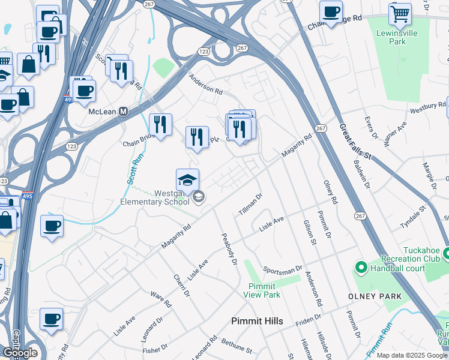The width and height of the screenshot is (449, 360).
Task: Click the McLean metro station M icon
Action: pyautogui.click(x=124, y=112)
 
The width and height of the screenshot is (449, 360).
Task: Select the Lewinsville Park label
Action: pyautogui.click(x=396, y=37)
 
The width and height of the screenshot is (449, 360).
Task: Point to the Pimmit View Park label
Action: pyautogui.click(x=262, y=290)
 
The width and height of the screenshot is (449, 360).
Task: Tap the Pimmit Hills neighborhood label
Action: pyautogui.click(x=257, y=322)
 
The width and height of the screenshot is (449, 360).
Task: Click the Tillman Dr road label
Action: pyautogui.click(x=252, y=205)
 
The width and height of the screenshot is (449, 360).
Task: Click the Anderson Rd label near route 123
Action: pyautogui.click(x=205, y=87)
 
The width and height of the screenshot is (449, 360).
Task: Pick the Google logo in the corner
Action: pyautogui.click(x=20, y=353)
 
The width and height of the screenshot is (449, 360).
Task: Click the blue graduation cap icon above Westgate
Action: pyautogui.click(x=187, y=179)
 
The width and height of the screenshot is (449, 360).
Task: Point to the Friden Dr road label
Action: pyautogui.click(x=309, y=320)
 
